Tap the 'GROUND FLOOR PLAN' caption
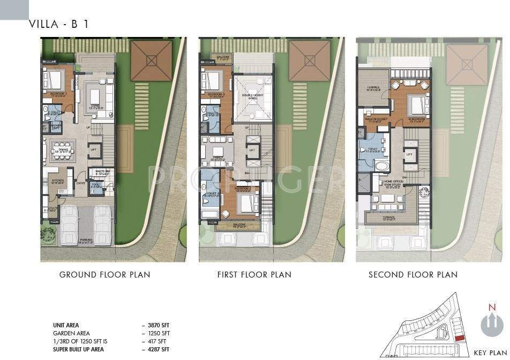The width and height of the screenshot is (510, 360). click(104, 275)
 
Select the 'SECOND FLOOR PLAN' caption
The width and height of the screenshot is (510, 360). click(412, 275)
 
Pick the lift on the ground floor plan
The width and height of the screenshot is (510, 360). click(93, 149)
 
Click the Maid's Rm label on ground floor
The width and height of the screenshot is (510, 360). click(100, 172)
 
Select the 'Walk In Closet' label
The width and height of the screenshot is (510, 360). click(376, 119)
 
